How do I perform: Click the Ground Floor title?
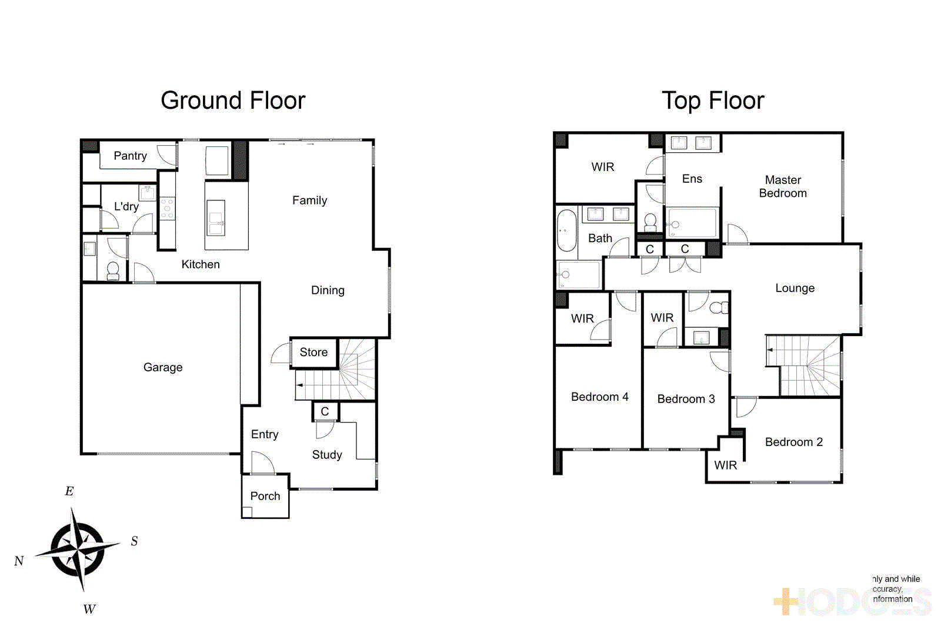233,100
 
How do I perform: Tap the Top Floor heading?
713,100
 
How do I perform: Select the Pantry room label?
130,156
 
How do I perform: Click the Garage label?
163,367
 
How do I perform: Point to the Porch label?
265,496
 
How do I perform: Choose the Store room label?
313,352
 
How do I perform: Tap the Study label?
327,455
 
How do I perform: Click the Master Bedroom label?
783,186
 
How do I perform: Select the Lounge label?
795,288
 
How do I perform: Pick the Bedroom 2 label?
793,442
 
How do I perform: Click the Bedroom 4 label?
599,397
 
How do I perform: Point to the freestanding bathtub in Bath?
566,230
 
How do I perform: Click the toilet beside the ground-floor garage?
113,271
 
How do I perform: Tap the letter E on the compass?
69,491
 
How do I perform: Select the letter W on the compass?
89,609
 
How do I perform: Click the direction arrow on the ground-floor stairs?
300,385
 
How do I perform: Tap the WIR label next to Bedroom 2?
725,465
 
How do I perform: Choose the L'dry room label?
126,207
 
